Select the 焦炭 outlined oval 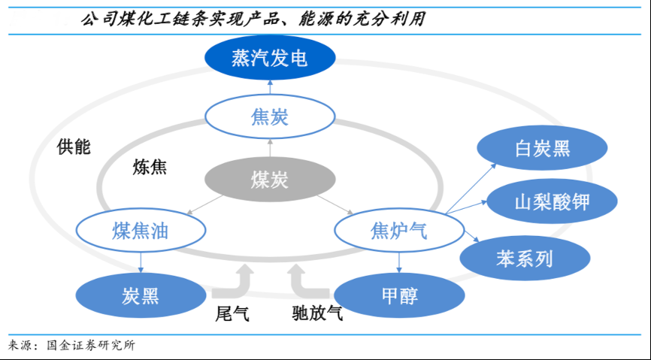(269, 118)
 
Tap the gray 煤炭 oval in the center (269, 180)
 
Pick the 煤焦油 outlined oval (140, 231)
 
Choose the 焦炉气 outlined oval (398, 231)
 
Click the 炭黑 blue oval (140, 295)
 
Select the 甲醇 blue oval (398, 295)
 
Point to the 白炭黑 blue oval (543, 148)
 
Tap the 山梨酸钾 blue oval (553, 201)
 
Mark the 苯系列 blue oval (524, 259)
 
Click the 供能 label (74, 147)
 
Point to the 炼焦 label (150, 168)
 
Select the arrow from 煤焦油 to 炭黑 (140, 261)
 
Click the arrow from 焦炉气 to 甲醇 (398, 261)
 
